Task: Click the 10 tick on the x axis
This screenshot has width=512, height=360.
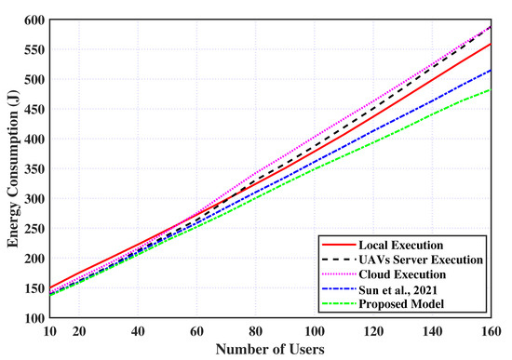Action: coord(52,330)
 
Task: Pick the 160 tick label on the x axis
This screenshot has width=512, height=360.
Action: coord(491,330)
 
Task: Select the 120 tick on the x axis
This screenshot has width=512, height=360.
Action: coord(373,330)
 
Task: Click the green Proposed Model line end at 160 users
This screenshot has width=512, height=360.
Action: coord(491,90)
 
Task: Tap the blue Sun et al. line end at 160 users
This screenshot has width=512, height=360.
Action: coord(491,70)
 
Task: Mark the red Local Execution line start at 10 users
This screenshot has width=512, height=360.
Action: coord(52,288)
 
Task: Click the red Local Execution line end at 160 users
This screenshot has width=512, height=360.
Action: coord(491,43)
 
